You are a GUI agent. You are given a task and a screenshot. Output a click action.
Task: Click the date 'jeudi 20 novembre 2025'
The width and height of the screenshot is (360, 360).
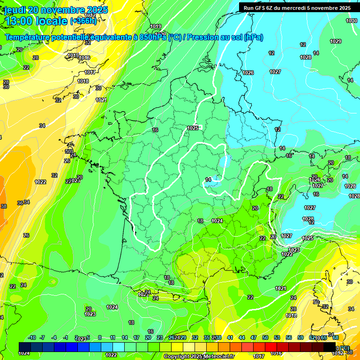point(56,10)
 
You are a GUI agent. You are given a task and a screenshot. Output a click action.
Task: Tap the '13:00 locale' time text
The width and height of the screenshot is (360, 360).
point(36,21)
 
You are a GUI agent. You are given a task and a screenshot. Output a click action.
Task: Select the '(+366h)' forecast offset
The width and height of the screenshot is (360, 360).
point(83,21)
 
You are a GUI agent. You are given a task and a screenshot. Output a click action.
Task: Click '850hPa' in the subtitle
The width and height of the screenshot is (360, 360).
point(153,37)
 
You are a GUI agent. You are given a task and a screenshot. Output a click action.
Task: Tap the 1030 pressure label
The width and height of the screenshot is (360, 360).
point(351,21)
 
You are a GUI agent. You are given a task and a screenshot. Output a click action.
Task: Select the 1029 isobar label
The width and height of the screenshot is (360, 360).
point(335,41)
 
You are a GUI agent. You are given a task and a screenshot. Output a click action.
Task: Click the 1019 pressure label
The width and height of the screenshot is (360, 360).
point(156,26)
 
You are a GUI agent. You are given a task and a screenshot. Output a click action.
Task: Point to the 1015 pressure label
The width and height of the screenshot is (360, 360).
point(73,55)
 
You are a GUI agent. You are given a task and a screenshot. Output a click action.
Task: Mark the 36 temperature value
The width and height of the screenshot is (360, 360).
point(20,203)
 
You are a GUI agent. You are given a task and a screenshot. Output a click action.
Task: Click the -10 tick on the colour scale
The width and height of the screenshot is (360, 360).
point(32,337)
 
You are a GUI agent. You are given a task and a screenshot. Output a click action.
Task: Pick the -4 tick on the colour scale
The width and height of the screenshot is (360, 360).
point(54,337)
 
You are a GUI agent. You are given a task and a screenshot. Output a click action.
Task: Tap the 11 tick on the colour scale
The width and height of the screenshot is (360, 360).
point(112,337)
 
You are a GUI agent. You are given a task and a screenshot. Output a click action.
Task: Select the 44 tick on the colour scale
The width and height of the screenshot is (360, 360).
point(241,337)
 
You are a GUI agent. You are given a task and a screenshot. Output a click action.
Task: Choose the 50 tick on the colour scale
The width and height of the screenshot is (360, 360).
point(265,337)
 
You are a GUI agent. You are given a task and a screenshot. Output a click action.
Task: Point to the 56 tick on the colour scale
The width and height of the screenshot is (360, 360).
point(288,337)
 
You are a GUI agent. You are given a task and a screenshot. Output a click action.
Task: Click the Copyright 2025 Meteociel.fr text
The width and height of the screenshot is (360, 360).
point(199,357)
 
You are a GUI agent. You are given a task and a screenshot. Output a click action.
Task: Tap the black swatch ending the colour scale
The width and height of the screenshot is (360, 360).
point(330,347)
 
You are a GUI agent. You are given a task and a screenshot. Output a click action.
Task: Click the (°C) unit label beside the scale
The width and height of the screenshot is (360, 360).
point(344,347)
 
